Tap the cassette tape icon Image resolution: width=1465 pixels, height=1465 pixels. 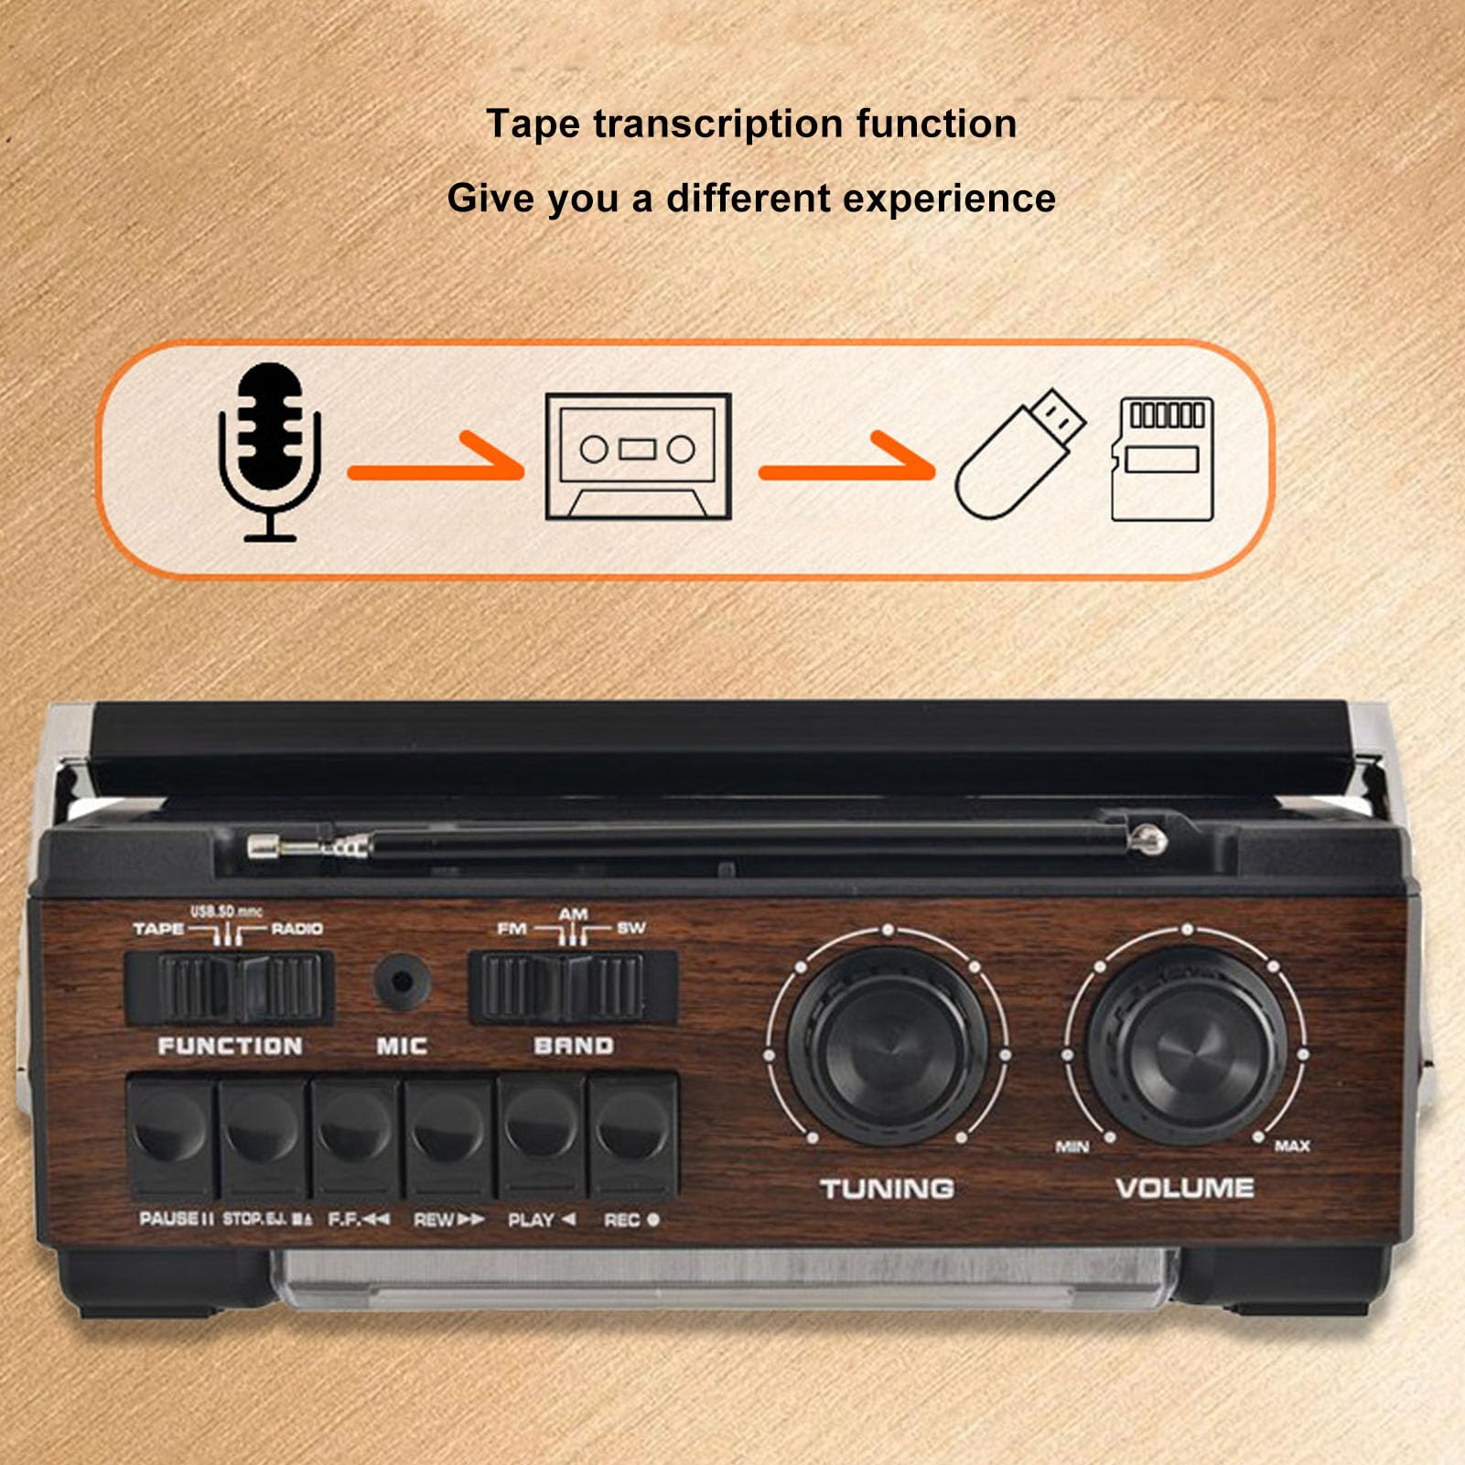click(x=638, y=457)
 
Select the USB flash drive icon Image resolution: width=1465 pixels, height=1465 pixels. click(x=1018, y=454)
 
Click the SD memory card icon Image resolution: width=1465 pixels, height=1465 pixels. click(x=1162, y=458)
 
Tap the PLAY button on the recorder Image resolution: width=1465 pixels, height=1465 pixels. click(x=542, y=1135)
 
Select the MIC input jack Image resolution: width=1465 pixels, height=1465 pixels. click(x=401, y=981)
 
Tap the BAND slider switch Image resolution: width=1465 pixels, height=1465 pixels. click(x=573, y=986)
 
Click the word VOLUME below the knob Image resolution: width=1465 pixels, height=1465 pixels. click(x=1184, y=1188)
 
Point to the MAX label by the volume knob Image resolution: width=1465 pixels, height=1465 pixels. click(x=1291, y=1146)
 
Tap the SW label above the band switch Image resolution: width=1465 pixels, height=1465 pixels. click(x=630, y=928)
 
